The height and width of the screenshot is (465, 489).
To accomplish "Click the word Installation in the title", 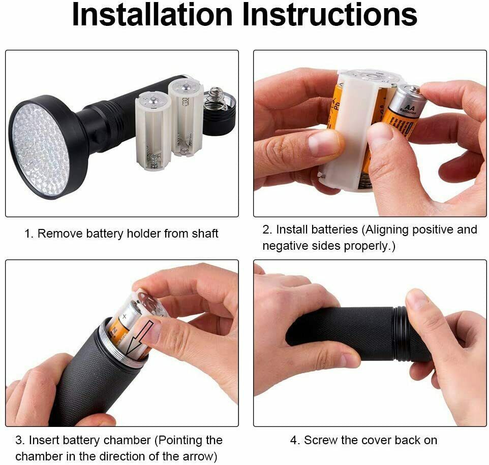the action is coord(152,14).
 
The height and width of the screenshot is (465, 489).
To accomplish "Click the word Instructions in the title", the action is coord(329,14).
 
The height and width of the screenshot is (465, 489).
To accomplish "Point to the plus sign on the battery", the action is coord(125,317).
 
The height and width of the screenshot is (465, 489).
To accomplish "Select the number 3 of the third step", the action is coord(19,441).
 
